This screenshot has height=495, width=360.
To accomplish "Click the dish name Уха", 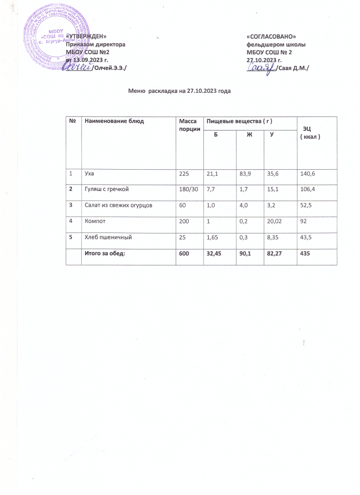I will coord(89,173).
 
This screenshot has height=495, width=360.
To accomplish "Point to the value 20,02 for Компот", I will coord(274,220).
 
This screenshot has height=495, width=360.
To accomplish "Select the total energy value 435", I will coord(304,254).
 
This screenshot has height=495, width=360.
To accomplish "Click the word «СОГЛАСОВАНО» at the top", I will coord(271,37).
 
